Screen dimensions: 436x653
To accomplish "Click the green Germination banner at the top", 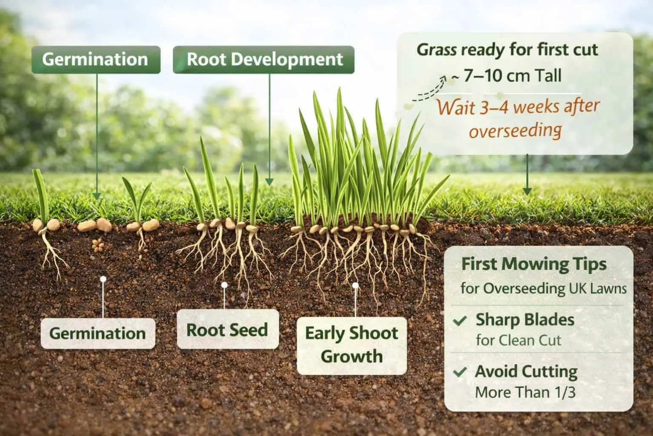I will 95,59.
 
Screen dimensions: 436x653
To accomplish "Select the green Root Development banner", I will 264,59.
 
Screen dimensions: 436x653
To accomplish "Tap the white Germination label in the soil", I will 97,333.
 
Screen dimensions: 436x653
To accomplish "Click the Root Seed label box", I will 227,330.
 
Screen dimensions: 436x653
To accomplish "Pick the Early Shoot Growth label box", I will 352,345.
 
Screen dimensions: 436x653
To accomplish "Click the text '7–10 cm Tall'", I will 512,76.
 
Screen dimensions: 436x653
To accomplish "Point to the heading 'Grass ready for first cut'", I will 507,50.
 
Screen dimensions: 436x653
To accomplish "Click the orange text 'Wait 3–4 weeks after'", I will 518,107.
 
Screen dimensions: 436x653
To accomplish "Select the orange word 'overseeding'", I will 514,130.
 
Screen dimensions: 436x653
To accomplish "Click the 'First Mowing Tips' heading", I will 534,264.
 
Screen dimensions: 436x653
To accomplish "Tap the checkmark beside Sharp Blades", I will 460,321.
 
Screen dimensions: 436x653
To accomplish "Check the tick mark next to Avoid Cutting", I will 460,372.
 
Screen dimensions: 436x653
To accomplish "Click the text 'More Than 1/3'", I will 525,392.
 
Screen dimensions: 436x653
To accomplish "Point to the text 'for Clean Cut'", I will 518,340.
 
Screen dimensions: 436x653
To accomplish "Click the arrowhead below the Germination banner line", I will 97,195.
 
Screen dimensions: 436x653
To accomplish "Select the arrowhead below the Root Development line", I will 269,181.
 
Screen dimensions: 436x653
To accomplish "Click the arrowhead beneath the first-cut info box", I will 527,191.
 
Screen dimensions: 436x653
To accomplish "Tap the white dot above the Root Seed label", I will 224,284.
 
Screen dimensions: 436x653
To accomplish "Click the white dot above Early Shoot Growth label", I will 355,285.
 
